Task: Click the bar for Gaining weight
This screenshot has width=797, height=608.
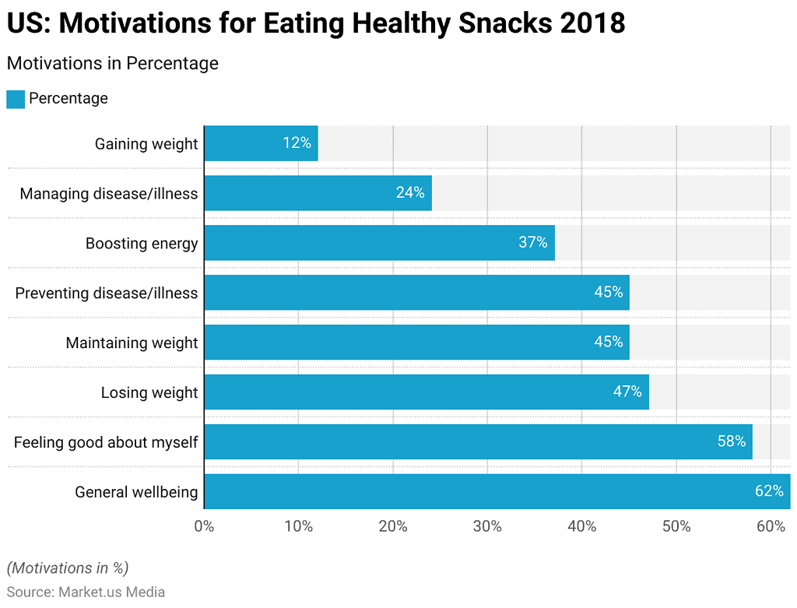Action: (261, 143)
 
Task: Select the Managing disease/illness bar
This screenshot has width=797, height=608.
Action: (318, 193)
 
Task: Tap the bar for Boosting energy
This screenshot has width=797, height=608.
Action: (379, 243)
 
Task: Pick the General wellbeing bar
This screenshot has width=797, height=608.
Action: (497, 491)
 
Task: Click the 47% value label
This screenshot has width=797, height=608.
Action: (627, 392)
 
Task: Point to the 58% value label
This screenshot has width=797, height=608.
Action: (731, 441)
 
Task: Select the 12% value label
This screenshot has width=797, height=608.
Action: (297, 143)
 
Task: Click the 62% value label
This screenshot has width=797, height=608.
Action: (768, 491)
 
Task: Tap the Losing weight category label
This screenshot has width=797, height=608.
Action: (149, 392)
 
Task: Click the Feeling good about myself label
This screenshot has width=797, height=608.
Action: (106, 442)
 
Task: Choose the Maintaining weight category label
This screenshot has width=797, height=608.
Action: (132, 343)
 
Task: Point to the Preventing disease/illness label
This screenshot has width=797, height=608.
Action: (107, 293)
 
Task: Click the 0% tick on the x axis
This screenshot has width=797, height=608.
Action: (204, 526)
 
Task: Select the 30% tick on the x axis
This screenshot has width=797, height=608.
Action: (487, 526)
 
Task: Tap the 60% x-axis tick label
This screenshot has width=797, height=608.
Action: (771, 526)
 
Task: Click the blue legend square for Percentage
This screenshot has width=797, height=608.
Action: (16, 99)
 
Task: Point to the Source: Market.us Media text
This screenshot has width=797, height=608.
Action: (86, 592)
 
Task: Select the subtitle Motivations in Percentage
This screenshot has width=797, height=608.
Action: (112, 63)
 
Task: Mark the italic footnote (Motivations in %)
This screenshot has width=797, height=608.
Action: (68, 568)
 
